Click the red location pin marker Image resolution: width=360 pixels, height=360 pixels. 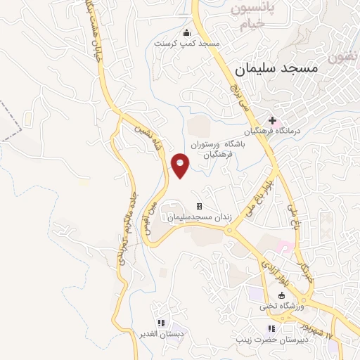tap(181, 166)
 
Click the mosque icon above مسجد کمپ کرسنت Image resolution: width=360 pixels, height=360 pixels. tap(186, 32)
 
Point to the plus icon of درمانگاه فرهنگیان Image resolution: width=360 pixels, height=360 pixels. tap(273, 121)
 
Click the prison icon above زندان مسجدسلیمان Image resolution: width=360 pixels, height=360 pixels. tap(199, 207)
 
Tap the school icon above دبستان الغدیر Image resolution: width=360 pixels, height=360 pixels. tap(161, 323)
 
